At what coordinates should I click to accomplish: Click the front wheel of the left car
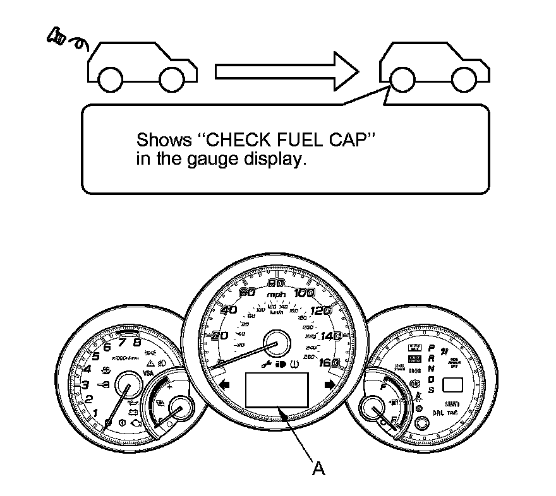110,80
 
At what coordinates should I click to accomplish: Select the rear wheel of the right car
464,80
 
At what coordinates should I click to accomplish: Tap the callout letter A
319,468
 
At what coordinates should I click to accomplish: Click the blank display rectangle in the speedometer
277,389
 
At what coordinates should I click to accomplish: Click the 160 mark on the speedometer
329,362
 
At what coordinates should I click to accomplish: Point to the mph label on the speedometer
276,295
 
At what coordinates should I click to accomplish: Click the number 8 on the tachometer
136,343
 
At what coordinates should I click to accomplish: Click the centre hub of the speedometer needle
277,345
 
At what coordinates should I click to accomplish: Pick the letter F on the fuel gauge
384,387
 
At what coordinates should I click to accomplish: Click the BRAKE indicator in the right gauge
415,372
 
